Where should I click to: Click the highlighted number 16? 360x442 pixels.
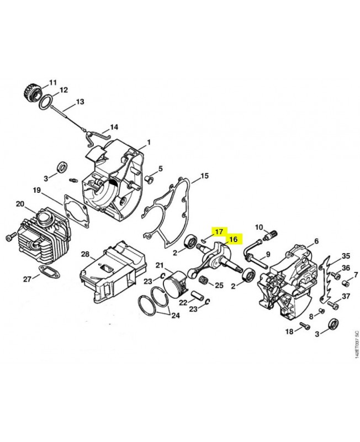pyautogui.click(x=234, y=239)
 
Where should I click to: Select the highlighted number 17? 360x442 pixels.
pyautogui.click(x=219, y=231)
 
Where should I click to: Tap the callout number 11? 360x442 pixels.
pyautogui.click(x=53, y=82)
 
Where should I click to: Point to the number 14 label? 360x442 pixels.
pyautogui.click(x=114, y=127)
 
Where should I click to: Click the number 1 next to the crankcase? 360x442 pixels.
pyautogui.click(x=149, y=143)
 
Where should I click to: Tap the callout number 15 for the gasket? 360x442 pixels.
pyautogui.click(x=204, y=176)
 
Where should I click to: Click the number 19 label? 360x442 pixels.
pyautogui.click(x=36, y=190)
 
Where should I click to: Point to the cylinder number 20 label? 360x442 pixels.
pyautogui.click(x=20, y=203)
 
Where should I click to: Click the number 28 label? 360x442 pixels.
pyautogui.click(x=85, y=254)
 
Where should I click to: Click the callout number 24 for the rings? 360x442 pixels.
pyautogui.click(x=176, y=315)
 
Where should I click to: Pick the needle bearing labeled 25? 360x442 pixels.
pyautogui.click(x=205, y=281)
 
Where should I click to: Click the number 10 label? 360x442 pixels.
pyautogui.click(x=259, y=227)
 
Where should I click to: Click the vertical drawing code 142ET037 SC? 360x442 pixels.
pyautogui.click(x=357, y=344)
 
